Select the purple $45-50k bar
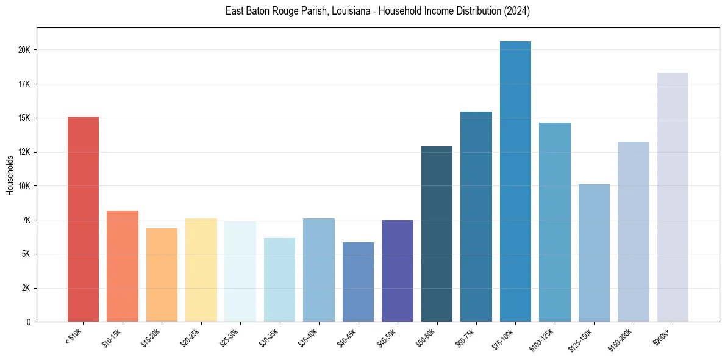click(x=397, y=271)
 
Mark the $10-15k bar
click(x=122, y=266)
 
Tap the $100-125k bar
click(x=554, y=222)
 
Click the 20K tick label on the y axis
click(x=26, y=50)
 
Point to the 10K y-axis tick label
click(x=26, y=186)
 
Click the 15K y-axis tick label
click(x=26, y=118)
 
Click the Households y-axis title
click(x=10, y=175)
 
